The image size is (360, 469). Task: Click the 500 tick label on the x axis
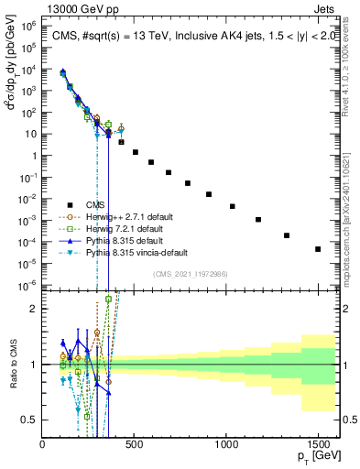pos(135,443)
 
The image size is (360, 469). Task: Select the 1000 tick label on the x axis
pos(226,443)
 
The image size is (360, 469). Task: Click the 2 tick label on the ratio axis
pos(34,309)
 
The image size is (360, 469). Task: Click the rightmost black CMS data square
pos(318,249)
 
